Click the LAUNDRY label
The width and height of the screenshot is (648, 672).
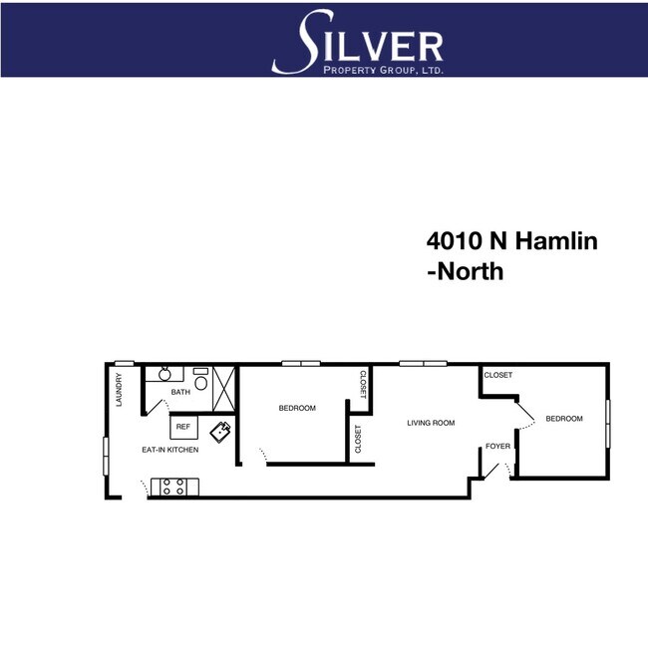tap(119, 389)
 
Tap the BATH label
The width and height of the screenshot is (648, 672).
tap(180, 392)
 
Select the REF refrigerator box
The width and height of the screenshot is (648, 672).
tap(182, 427)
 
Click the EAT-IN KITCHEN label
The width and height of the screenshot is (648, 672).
tap(169, 451)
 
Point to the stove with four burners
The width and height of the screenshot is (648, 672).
tap(174, 487)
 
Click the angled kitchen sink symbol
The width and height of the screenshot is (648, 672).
tap(221, 432)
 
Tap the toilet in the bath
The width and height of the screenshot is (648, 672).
tap(201, 382)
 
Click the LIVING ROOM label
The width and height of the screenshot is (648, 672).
tap(431, 423)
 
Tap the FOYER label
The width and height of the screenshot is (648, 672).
tap(498, 446)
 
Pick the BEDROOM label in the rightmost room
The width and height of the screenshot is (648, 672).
tap(563, 419)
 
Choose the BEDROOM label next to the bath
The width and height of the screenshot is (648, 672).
tap(297, 408)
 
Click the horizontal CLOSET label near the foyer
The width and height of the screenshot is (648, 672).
tap(498, 375)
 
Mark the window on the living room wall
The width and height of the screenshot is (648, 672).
tap(422, 362)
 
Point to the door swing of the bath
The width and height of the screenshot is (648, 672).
tap(154, 406)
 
